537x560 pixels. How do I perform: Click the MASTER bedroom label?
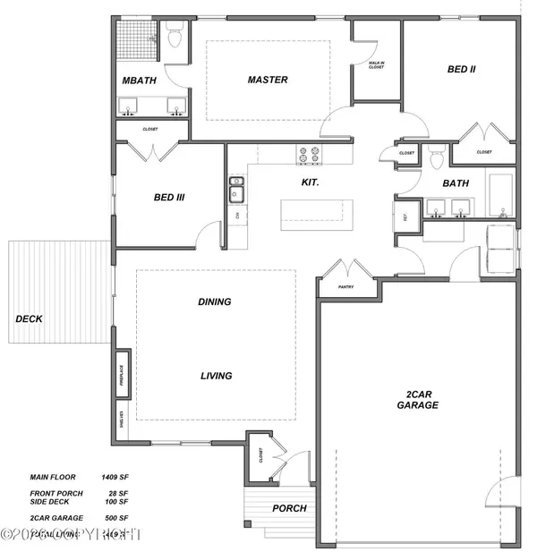point(268,80)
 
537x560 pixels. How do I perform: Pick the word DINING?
point(214,301)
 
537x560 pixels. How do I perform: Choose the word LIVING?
point(215,376)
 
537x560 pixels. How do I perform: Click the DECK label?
point(29,318)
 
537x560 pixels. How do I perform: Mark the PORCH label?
point(289,508)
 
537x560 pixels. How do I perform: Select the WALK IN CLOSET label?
point(376,64)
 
